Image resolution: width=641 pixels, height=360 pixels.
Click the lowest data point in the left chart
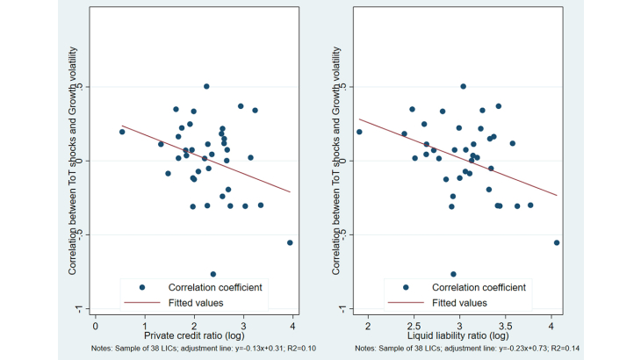click(213, 274)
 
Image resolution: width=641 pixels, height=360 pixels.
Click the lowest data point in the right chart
click(453, 274)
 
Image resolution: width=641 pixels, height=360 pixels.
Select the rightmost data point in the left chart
click(290, 242)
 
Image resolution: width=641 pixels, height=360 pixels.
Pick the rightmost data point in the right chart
click(557, 242)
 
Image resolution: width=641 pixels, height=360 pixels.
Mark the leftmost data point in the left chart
click(122, 132)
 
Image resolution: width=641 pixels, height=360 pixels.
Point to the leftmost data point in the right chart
click(359, 132)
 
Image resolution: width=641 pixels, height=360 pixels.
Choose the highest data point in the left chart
click(206, 86)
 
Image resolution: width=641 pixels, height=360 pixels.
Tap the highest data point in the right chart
click(463, 86)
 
